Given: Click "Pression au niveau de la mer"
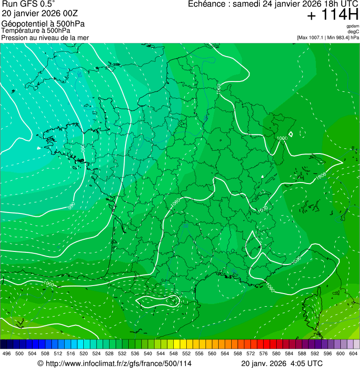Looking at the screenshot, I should coord(45,37).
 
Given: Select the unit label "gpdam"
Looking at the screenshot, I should coord(353,26).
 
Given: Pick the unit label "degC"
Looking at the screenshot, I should coord(353,31).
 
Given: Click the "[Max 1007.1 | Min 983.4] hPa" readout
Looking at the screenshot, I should coord(328,37).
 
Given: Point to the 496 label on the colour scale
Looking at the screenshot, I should coord(7,353).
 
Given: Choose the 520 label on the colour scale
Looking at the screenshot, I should coord(84,353).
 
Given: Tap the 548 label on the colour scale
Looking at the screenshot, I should coord(174,353).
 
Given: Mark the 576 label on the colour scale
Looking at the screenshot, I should coord(264,353).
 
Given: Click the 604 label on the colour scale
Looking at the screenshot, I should coord(353,353).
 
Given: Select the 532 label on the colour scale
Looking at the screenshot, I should coord(122,353).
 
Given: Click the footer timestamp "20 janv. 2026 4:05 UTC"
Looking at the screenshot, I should coord(282,363).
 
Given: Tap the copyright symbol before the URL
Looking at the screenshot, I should coord(40,363).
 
